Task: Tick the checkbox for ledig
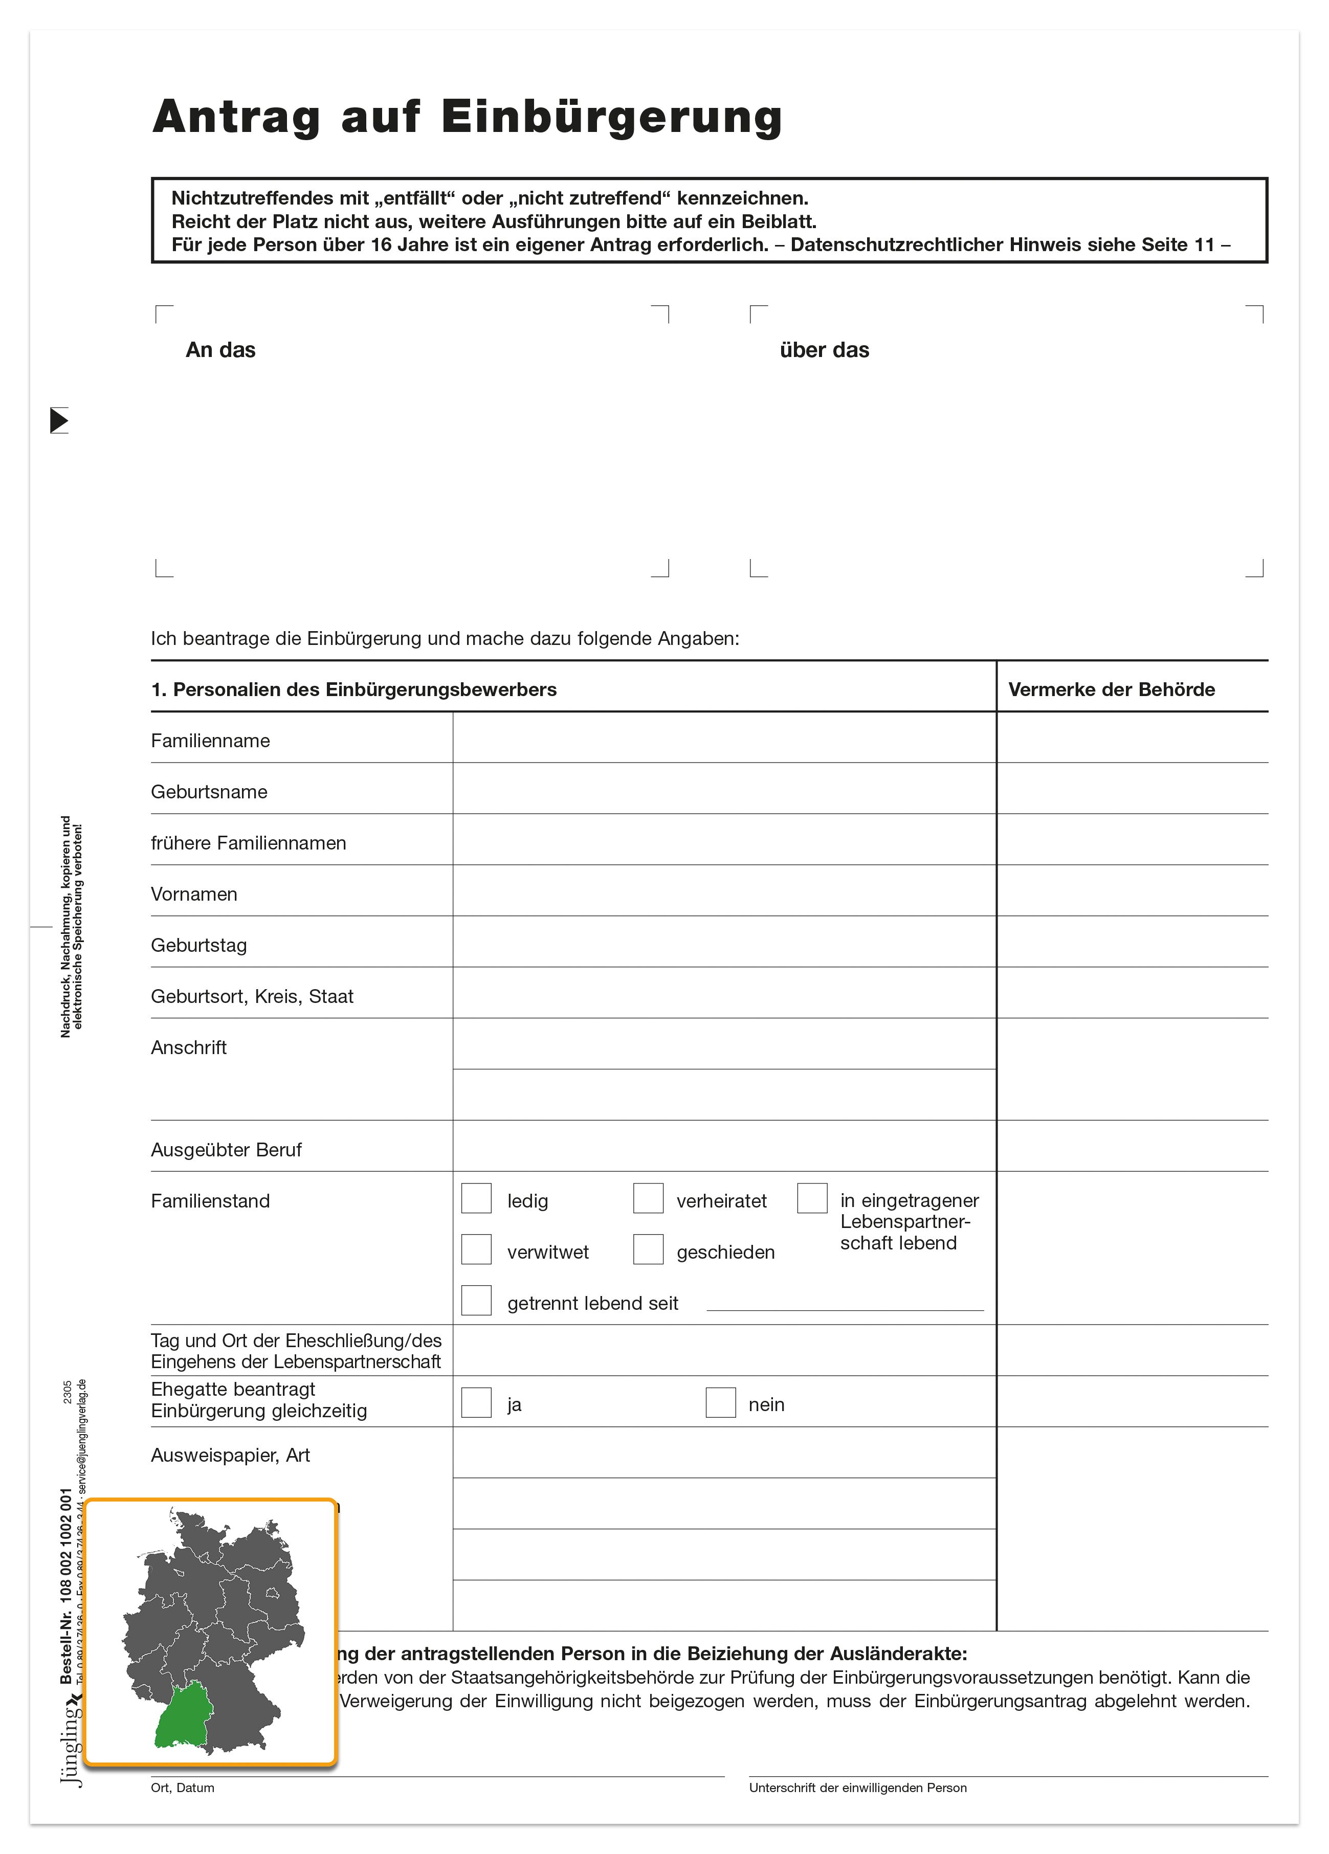pyautogui.click(x=476, y=1198)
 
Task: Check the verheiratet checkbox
pyautogui.click(x=648, y=1198)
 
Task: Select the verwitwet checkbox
pyautogui.click(x=476, y=1249)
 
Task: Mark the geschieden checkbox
pyautogui.click(x=648, y=1249)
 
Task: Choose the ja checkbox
pyautogui.click(x=476, y=1403)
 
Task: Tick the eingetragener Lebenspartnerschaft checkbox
pyautogui.click(x=812, y=1198)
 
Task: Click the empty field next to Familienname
pyautogui.click(x=724, y=738)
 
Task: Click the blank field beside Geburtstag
pyautogui.click(x=724, y=943)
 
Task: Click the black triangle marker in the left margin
pyautogui.click(x=59, y=420)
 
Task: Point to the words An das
pyautogui.click(x=221, y=350)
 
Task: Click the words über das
pyautogui.click(x=825, y=350)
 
